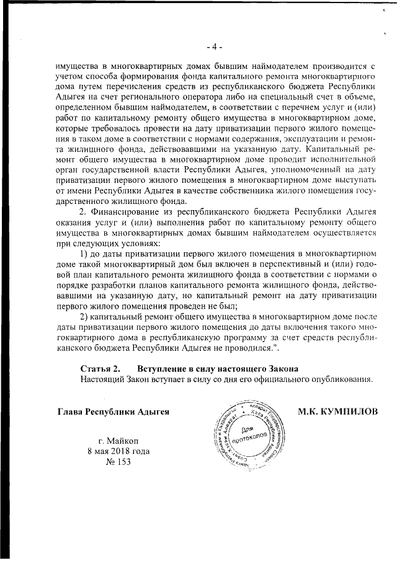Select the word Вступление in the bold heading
click(x=163, y=368)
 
